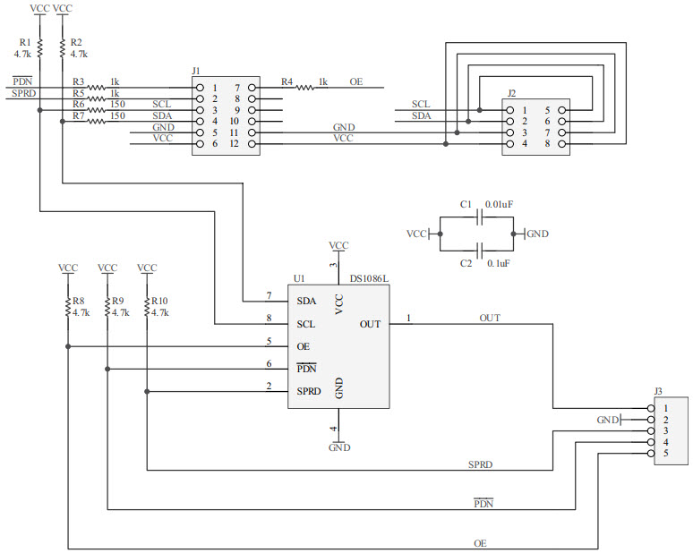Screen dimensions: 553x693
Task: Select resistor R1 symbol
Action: pos(39,48)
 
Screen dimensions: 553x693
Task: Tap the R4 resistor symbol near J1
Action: pos(305,88)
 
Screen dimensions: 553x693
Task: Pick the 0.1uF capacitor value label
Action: pos(497,263)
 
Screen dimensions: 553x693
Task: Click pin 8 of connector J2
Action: pos(561,144)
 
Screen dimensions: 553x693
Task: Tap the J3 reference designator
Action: pos(659,391)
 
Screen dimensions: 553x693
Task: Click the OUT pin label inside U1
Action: pos(370,324)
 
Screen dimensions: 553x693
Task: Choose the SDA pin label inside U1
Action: pos(306,301)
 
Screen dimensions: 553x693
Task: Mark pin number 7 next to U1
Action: pos(268,295)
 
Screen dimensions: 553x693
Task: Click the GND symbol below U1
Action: pos(339,446)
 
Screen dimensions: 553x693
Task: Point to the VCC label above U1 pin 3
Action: pos(339,245)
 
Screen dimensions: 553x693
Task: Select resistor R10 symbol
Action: pos(147,307)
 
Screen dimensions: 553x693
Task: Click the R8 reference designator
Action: pos(79,301)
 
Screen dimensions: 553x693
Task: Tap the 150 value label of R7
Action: pos(117,115)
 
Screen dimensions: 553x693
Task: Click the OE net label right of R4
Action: pos(356,81)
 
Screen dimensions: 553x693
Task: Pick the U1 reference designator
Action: pos(299,279)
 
